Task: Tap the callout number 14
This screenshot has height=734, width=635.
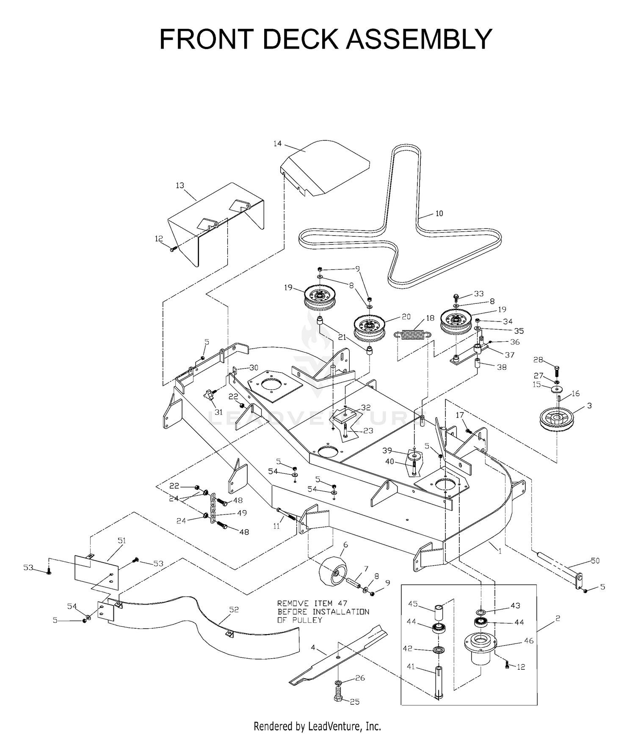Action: [x=277, y=143]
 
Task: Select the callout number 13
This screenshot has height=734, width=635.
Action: [x=180, y=185]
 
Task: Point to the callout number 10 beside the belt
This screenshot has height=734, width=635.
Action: [x=439, y=214]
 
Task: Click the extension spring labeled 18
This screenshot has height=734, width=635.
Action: [x=413, y=334]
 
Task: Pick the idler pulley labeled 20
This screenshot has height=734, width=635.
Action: [x=370, y=328]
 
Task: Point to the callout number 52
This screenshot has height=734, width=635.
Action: [x=234, y=610]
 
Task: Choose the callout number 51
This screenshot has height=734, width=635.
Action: [x=122, y=541]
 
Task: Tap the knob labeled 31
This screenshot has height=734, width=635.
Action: [x=208, y=395]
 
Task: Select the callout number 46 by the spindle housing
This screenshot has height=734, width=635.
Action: [x=529, y=641]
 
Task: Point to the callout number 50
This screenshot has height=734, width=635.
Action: [x=595, y=561]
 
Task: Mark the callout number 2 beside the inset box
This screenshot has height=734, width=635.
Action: [x=558, y=619]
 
